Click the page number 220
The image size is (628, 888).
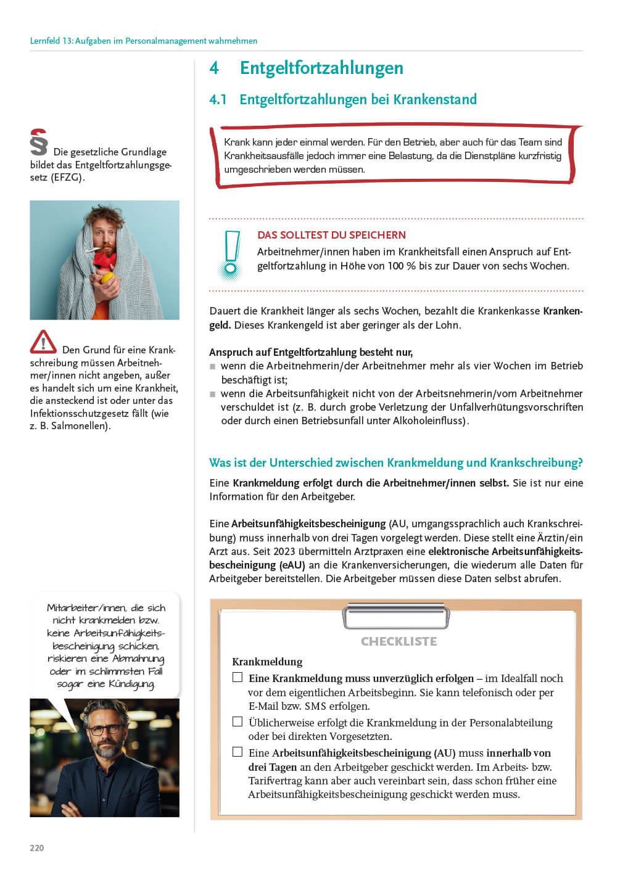[37, 848]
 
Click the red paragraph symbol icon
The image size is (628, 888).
[39, 142]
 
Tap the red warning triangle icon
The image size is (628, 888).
[43, 343]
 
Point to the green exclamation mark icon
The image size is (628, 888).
[231, 253]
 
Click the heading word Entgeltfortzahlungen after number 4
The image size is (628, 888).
[321, 68]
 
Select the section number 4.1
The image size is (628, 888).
[218, 99]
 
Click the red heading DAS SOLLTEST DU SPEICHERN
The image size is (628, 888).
[331, 235]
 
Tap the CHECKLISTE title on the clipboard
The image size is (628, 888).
[399, 641]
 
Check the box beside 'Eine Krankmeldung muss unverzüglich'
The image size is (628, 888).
[238, 677]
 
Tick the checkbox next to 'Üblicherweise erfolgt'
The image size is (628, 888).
[238, 721]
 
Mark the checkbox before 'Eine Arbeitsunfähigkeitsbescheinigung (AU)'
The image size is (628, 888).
[238, 752]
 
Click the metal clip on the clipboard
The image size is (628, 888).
[396, 615]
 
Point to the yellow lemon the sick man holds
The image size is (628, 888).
[108, 278]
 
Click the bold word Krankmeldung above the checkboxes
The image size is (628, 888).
[267, 662]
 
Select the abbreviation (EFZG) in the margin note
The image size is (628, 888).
[66, 178]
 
